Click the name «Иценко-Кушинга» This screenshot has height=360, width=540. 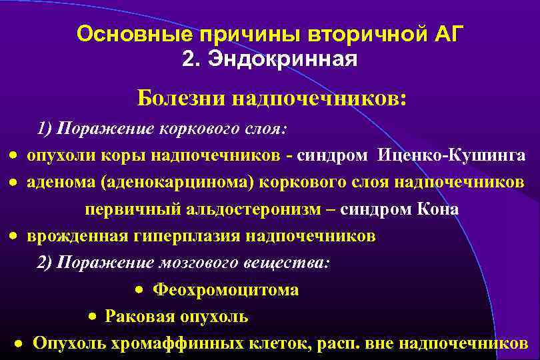pos(451,155)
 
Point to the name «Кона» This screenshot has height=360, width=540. pos(437,209)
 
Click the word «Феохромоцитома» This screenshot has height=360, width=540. pos(226,290)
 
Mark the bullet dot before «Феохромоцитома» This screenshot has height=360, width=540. pos(138,290)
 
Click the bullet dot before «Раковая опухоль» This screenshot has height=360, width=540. pos(93,317)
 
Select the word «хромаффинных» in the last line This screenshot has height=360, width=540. pos(189,343)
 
